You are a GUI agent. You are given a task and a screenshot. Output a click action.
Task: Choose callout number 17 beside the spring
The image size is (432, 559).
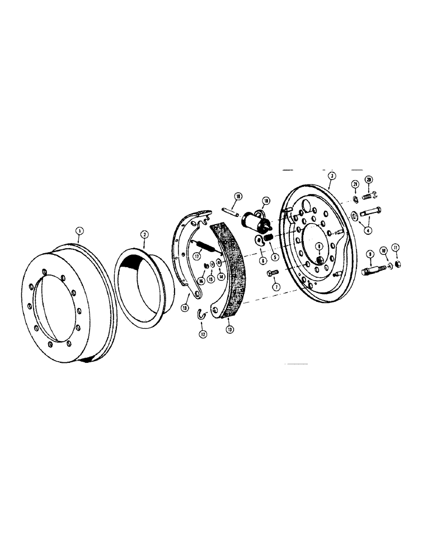197,256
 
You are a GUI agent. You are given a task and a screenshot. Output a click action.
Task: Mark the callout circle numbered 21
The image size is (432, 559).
354,184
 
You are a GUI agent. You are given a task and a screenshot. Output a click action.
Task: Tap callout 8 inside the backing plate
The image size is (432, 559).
318,245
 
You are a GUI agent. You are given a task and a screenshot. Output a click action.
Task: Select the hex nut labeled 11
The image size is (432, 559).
396,264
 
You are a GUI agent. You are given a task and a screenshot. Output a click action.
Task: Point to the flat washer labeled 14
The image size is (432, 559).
220,263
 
